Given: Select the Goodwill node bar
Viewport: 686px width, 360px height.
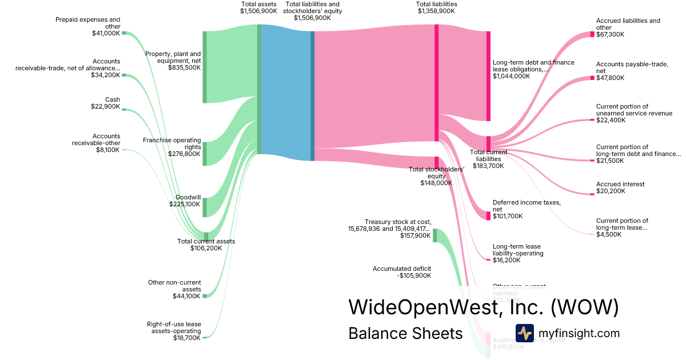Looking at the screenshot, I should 205,207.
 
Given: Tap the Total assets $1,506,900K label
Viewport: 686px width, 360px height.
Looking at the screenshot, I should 259,7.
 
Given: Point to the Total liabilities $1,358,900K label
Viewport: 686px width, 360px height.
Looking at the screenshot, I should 437,7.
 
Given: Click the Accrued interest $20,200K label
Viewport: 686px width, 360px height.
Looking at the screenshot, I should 620,188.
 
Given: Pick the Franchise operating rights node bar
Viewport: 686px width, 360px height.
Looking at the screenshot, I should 205,154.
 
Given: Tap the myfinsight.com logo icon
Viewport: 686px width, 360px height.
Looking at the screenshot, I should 524,333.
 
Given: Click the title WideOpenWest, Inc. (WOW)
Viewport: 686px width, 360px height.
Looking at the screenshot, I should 484,307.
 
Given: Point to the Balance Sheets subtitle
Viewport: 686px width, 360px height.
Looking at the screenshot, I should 405,334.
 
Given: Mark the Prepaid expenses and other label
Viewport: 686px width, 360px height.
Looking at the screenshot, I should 88,26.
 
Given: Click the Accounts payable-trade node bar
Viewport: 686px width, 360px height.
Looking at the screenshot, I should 592,78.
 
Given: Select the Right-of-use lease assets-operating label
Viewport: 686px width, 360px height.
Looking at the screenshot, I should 174,331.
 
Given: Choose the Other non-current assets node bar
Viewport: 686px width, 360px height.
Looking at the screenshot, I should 205,296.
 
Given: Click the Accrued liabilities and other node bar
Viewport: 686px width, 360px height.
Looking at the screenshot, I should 592,34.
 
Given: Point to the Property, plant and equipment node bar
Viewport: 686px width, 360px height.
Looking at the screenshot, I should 205,67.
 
